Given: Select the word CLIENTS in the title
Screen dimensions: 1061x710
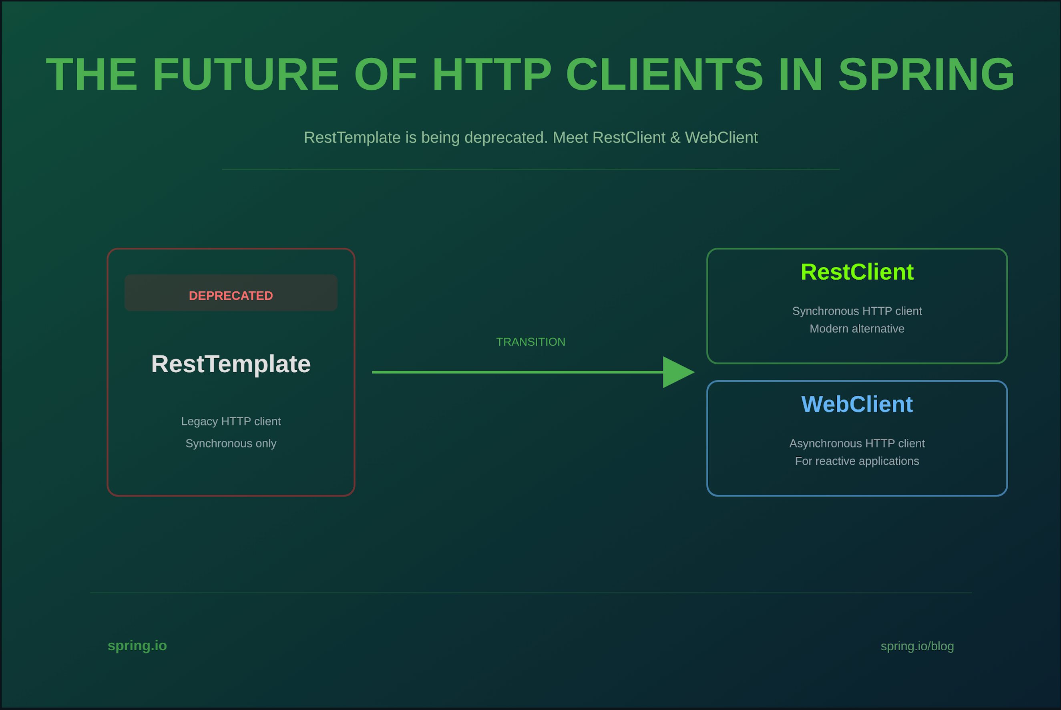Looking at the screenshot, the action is coord(665,74).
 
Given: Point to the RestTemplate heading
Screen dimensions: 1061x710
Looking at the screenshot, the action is coord(231,364).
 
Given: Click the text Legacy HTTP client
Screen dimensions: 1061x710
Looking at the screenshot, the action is coord(231,422).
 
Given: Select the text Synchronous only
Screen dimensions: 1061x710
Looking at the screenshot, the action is coord(231,444).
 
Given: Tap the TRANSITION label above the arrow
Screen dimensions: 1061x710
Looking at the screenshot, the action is coord(531,342).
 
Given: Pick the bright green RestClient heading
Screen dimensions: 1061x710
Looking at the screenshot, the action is coord(857,272).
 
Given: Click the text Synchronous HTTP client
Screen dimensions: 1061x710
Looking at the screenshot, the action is coord(857,311).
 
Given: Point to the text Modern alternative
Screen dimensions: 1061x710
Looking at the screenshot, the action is coord(857,329).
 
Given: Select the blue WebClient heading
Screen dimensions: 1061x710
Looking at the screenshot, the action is coord(857,404).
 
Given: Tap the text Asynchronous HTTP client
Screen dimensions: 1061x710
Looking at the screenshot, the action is coord(857,444).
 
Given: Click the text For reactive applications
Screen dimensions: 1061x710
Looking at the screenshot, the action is coord(857,462).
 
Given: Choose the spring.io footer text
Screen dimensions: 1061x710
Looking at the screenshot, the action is coord(137,646).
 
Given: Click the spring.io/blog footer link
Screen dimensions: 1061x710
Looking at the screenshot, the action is coord(917,646).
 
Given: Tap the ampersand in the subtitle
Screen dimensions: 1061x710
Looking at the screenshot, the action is coord(675,138).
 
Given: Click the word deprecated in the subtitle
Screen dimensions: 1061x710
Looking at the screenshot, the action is coord(506,138).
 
